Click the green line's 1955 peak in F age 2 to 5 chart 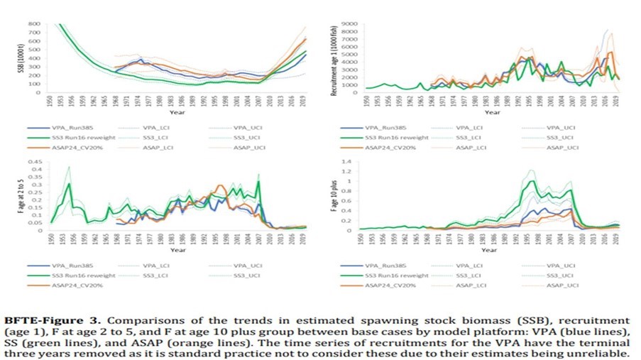(69, 183)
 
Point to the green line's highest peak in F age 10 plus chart (529, 181)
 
